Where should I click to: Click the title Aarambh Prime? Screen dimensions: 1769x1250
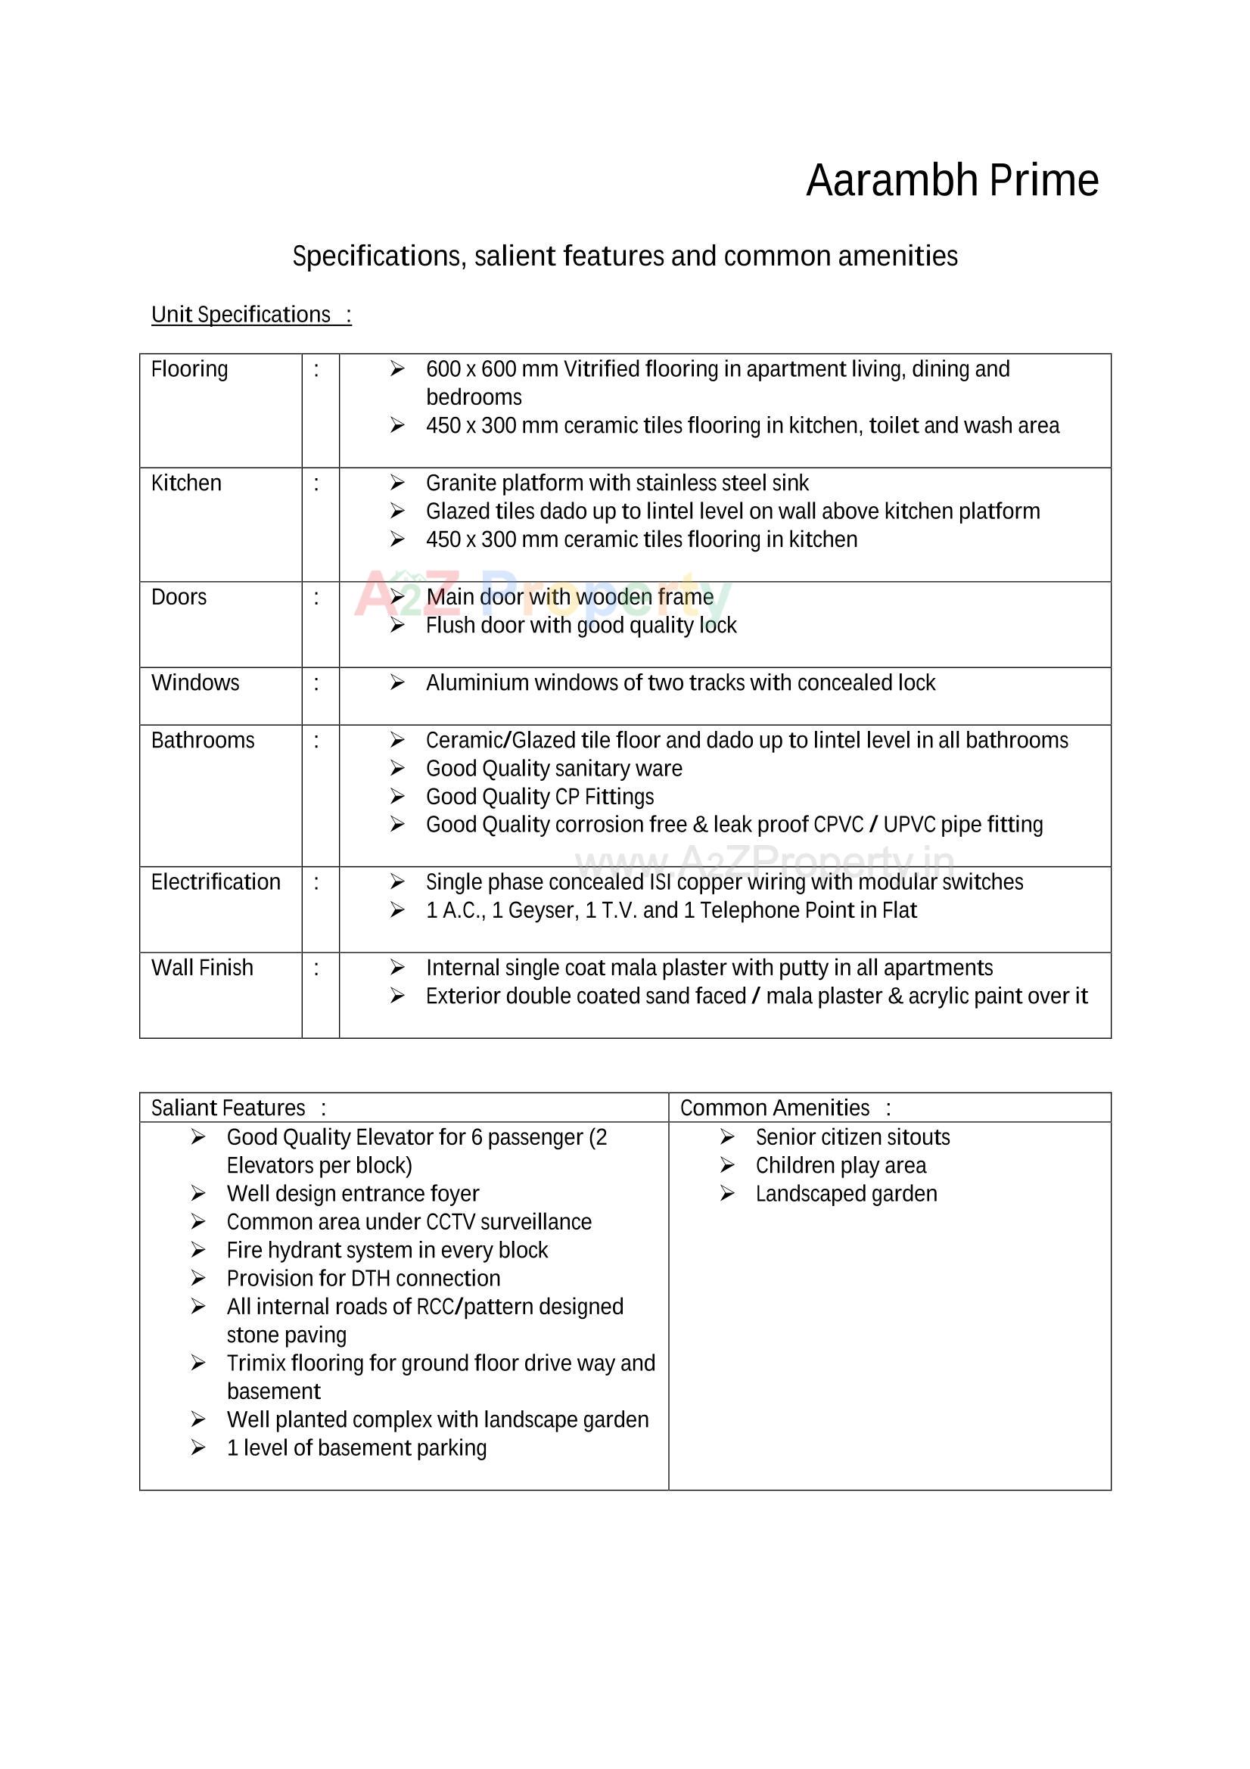point(952,180)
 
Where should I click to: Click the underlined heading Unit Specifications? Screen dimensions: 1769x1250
point(241,314)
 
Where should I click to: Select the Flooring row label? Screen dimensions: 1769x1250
point(190,370)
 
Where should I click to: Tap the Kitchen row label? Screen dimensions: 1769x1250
point(186,483)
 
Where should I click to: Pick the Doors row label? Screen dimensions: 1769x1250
point(179,597)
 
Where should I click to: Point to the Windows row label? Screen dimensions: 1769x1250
point(195,682)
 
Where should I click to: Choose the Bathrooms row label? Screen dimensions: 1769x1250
point(203,741)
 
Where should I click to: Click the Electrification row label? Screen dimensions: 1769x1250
point(216,882)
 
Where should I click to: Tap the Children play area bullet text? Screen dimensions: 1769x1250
point(841,1166)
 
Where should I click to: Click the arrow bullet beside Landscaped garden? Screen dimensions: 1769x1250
point(727,1193)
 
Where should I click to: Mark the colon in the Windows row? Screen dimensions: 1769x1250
point(316,683)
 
